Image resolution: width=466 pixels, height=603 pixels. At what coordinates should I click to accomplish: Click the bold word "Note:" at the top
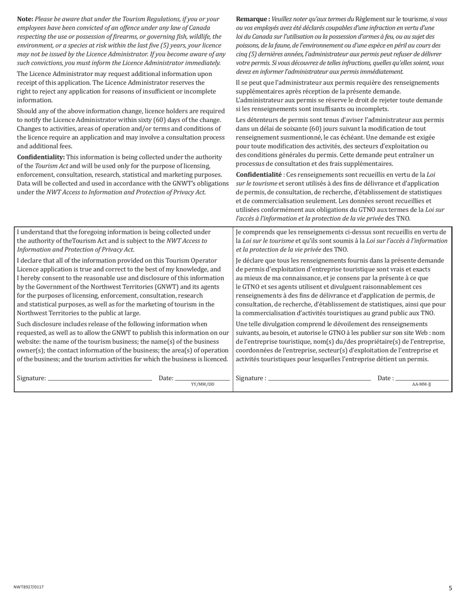click(25, 19)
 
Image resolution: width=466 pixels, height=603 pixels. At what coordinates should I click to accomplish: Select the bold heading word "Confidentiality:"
click(41, 157)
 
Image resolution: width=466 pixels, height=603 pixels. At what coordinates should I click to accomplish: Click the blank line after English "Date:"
click(202, 379)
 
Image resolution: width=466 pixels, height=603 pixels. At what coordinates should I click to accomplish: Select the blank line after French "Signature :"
click(319, 379)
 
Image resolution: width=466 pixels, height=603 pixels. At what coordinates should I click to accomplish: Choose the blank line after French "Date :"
click(422, 379)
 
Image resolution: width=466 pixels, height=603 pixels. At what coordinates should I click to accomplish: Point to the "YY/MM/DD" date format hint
click(203, 385)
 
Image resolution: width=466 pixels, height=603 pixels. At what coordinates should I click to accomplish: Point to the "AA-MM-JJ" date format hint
click(421, 385)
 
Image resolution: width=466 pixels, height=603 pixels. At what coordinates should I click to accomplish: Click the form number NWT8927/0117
click(32, 587)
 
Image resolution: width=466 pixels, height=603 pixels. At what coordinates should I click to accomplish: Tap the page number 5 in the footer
click(450, 588)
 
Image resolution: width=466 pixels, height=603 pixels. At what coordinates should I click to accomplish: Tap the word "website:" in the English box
click(29, 342)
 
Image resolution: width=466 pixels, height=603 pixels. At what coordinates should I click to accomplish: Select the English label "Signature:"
click(31, 378)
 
